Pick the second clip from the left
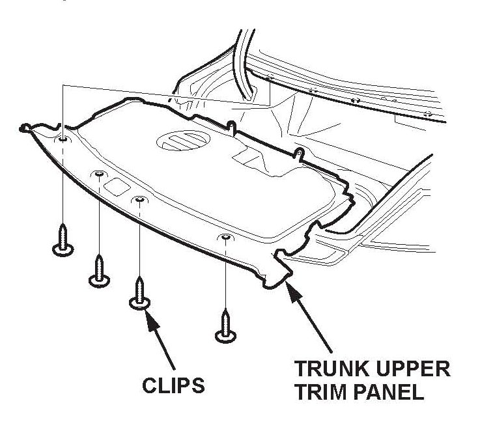99,270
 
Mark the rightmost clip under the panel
225,325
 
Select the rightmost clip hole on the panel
225,238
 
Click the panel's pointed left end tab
27,128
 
